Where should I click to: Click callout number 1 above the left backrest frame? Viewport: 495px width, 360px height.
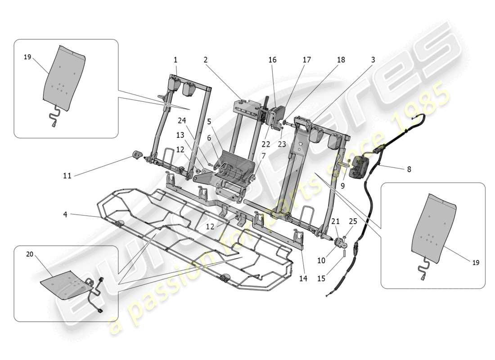pos(175,60)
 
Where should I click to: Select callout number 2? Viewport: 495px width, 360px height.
pos(205,60)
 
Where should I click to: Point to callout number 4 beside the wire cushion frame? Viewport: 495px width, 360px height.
pos(66,215)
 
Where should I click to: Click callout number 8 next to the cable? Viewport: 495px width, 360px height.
pos(409,170)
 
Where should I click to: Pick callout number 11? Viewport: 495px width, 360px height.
pos(67,176)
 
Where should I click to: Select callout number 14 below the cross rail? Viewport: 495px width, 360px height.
pos(303,279)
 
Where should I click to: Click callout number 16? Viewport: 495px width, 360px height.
pos(273,60)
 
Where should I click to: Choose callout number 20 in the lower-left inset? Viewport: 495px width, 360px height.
pos(30,254)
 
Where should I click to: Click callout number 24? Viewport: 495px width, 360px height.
pos(181,120)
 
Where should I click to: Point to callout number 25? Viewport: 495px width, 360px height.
pos(353,221)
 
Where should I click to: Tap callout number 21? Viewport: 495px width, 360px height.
pos(335,221)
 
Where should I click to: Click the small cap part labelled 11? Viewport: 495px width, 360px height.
pos(136,156)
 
